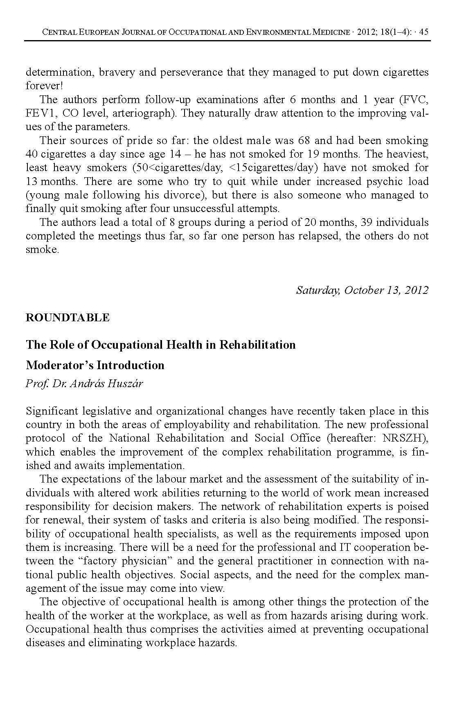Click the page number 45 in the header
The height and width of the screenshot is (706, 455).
coord(423,32)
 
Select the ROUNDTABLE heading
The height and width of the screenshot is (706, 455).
coord(68,318)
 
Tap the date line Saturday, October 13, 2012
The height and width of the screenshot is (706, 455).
coord(362,290)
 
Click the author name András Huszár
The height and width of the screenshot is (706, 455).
coord(98,384)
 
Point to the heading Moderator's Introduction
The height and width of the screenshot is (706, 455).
coord(95,365)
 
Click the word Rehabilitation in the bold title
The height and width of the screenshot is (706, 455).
coord(257,345)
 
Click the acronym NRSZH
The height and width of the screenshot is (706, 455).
coord(403,438)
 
